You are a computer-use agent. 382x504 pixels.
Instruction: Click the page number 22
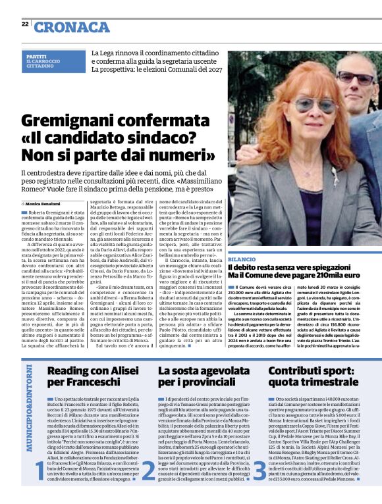(24, 24)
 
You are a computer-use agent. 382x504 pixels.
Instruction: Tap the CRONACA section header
(72, 27)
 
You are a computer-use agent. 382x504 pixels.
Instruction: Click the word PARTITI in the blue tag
(36, 57)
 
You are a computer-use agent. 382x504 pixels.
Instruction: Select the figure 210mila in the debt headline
(337, 276)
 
